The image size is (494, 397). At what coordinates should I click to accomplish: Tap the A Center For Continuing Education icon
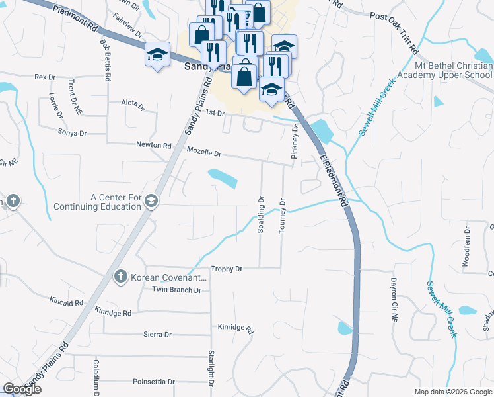tap(151, 202)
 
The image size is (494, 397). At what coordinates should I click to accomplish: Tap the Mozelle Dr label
tap(203, 152)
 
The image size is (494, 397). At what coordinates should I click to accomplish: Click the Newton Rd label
tap(153, 145)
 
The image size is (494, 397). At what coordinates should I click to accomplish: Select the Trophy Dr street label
tap(227, 269)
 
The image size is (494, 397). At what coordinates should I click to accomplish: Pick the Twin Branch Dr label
tap(176, 290)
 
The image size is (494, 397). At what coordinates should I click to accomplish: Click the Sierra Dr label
tap(157, 335)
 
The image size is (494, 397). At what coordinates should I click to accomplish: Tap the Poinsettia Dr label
tap(153, 382)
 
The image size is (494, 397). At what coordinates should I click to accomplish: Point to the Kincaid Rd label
tap(66, 302)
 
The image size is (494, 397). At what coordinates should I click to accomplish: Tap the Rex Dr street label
tap(45, 77)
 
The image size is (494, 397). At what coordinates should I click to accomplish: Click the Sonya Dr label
tap(73, 133)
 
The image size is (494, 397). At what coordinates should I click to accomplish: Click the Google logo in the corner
tap(22, 389)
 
